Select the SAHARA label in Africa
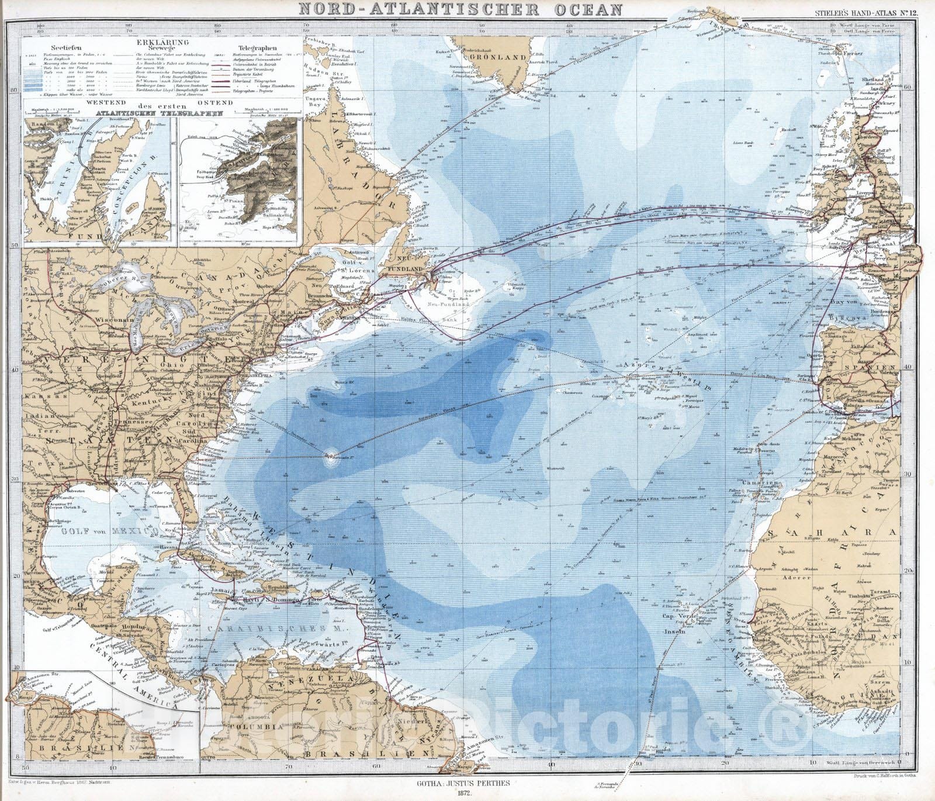[x=841, y=533]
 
